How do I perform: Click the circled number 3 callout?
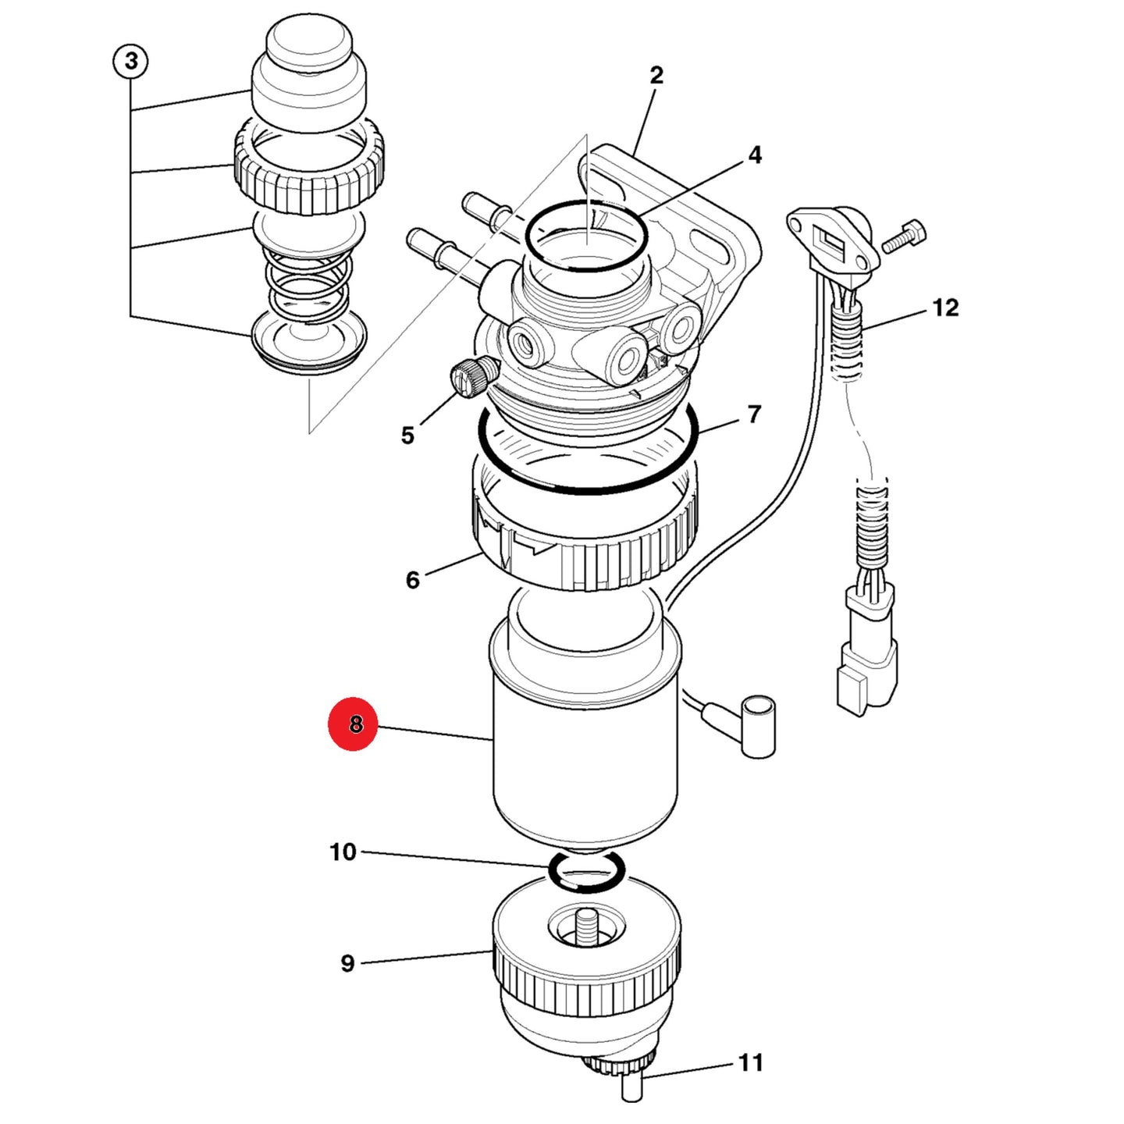130,61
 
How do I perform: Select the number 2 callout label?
656,75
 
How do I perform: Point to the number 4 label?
755,155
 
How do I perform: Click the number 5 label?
407,435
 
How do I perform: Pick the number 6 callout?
412,580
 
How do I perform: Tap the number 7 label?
754,414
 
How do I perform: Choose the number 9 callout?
347,962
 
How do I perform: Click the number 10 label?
343,852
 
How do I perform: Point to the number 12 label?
945,308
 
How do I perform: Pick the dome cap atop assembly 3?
309,76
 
